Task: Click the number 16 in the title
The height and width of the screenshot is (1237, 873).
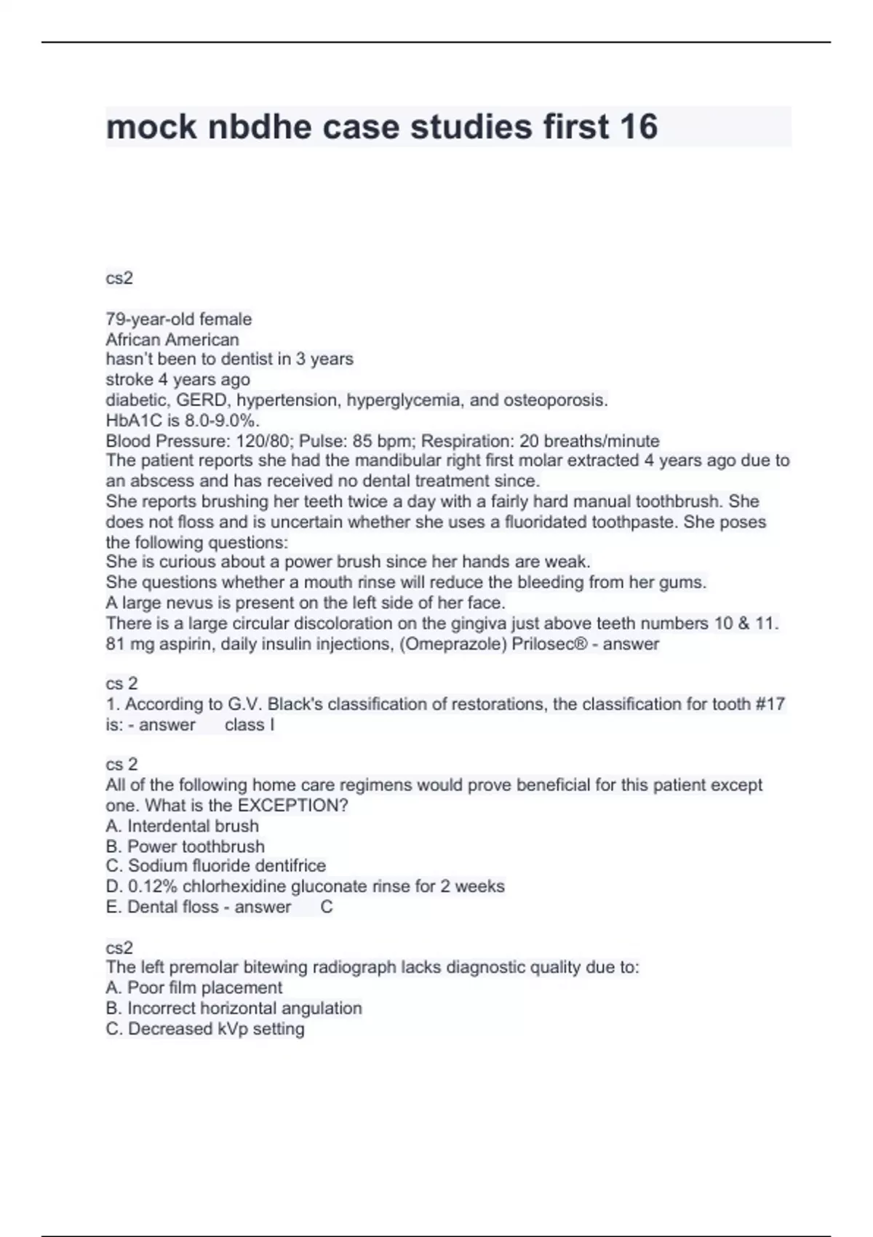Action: point(639,127)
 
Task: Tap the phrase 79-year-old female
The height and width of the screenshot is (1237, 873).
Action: point(179,319)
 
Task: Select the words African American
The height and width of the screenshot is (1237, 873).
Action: point(172,339)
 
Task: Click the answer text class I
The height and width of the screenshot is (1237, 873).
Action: point(250,725)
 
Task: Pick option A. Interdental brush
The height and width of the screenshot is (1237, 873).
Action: point(183,826)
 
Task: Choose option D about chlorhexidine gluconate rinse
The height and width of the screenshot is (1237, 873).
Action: point(306,886)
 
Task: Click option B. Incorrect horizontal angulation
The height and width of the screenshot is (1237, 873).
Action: point(234,1008)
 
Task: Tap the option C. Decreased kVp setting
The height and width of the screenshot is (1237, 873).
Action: point(205,1028)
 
